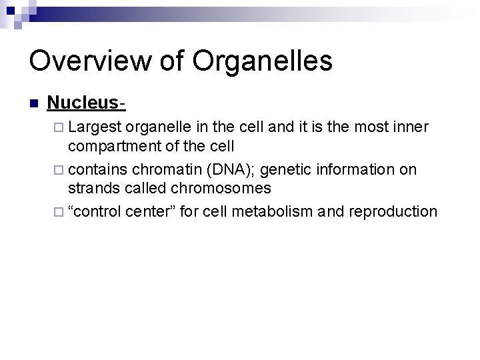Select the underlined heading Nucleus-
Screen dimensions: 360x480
[87, 103]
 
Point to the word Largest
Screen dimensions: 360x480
[96, 127]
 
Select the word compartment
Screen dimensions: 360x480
[119, 146]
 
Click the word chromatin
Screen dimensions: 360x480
[160, 170]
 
